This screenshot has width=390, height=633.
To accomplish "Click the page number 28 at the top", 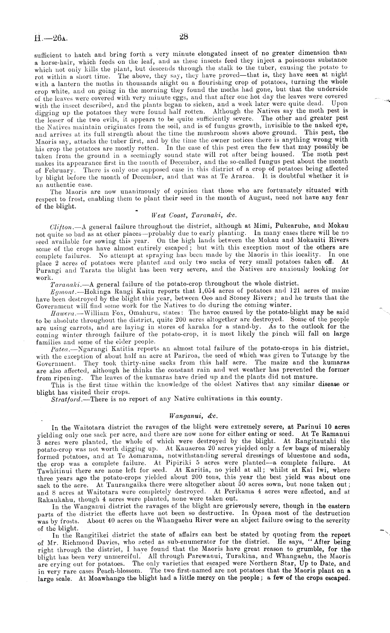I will coord(184,36).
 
